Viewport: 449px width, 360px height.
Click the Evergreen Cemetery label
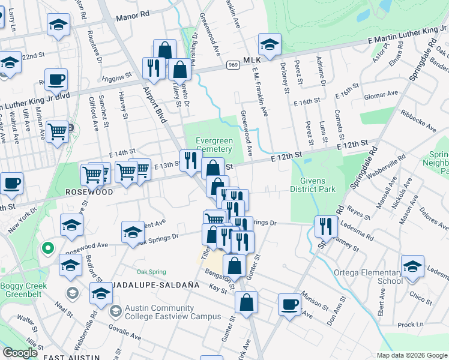pos(214,145)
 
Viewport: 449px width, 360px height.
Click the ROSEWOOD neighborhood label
pos(89,193)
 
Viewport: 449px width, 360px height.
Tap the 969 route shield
pos(234,65)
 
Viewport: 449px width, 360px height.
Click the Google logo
pos(20,353)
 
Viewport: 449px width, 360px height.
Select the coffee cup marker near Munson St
pos(289,304)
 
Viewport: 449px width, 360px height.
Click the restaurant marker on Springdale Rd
pos(326,227)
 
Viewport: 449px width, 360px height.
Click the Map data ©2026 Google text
pos(411,355)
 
